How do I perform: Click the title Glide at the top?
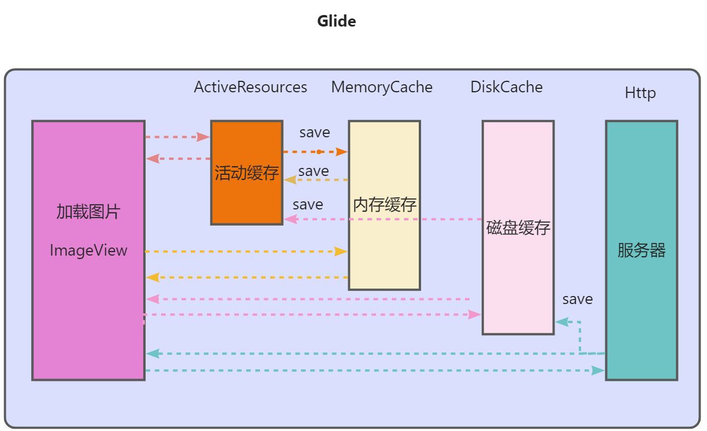(336, 21)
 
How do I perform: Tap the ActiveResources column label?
(250, 87)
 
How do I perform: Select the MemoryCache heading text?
(381, 87)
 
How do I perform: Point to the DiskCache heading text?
(507, 87)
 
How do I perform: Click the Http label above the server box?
(640, 93)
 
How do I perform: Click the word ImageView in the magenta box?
(88, 250)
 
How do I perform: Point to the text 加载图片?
(88, 212)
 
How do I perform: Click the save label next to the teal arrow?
(577, 299)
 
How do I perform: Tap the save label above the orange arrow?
(314, 132)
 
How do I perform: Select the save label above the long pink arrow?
(307, 204)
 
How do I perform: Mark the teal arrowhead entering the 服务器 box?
(598, 370)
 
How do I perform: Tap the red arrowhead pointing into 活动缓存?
(203, 137)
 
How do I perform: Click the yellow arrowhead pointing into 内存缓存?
(341, 252)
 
